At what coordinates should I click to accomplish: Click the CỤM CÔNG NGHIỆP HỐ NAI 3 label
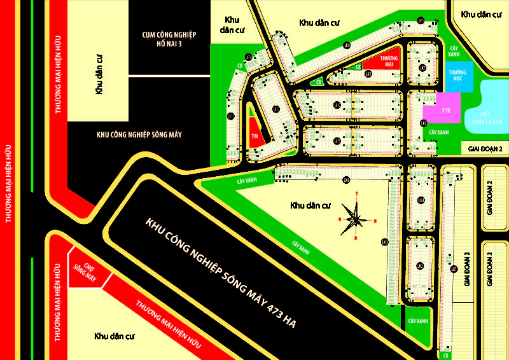click(x=169, y=38)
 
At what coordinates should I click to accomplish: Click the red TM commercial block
click(x=254, y=135)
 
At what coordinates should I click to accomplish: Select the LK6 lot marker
click(x=347, y=179)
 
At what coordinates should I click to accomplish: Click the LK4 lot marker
click(x=421, y=200)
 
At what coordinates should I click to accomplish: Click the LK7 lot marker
click(x=276, y=109)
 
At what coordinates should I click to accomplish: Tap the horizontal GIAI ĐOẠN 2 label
click(x=485, y=148)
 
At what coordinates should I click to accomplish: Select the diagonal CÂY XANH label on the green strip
click(x=303, y=247)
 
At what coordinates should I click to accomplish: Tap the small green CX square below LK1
click(x=447, y=355)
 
